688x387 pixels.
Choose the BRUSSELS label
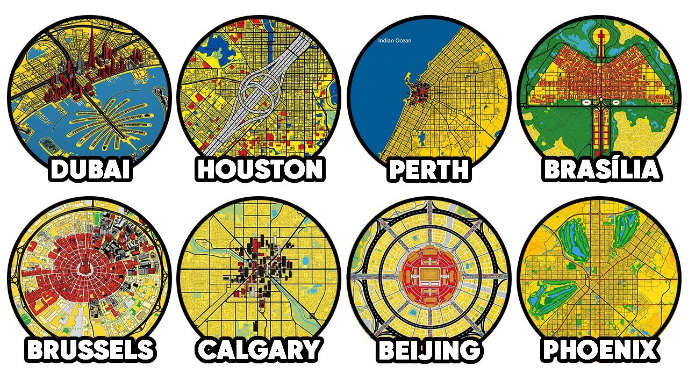pyautogui.click(x=90, y=349)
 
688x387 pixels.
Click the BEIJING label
pyautogui.click(x=428, y=349)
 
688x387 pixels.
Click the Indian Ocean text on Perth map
pyautogui.click(x=395, y=40)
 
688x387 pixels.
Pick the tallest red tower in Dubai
pyautogui.click(x=92, y=51)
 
